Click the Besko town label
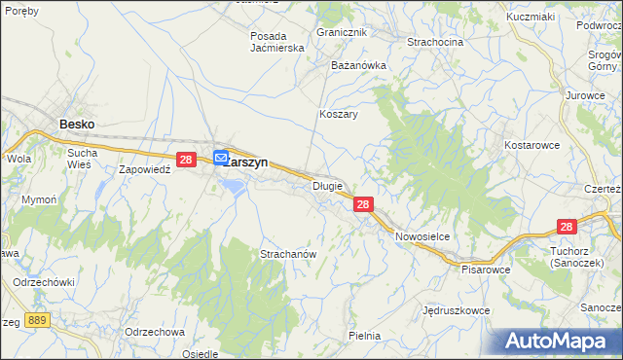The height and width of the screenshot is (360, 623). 78,124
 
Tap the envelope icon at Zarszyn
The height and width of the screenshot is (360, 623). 221,157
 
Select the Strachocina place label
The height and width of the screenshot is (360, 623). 435,43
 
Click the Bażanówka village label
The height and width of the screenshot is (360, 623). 359,65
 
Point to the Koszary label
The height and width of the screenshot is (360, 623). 339,114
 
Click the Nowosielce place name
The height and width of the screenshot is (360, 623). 421,236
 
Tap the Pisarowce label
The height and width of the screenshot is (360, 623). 487,269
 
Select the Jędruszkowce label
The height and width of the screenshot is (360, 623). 457,312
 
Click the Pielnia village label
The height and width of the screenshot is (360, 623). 364,336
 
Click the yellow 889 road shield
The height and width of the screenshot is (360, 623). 38,319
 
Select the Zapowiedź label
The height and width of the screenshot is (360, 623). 145,168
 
